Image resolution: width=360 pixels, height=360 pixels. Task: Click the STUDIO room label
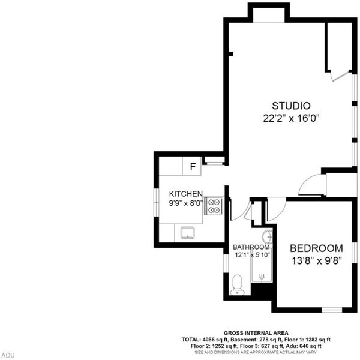[291, 106]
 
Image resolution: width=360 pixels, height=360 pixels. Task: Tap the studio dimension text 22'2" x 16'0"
[292, 118]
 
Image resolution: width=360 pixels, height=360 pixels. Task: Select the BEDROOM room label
[316, 248]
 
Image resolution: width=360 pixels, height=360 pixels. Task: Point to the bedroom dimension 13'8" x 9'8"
[317, 261]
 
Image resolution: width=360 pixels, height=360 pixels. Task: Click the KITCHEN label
[186, 194]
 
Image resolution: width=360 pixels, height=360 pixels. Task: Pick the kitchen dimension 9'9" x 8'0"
[186, 203]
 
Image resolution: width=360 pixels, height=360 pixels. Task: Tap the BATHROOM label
[251, 247]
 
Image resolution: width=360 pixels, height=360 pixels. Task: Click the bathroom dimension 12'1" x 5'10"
[252, 255]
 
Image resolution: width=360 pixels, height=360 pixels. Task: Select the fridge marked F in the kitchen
[192, 166]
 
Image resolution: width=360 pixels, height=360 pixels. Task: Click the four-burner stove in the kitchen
[214, 206]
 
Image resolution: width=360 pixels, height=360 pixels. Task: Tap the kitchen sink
[188, 233]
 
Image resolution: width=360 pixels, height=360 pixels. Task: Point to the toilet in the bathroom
[237, 285]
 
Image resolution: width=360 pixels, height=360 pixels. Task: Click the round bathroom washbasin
[268, 236]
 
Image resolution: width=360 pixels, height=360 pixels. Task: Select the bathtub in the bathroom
[262, 265]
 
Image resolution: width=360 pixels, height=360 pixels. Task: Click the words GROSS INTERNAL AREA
[256, 333]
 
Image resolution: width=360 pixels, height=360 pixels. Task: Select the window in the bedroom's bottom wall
[332, 310]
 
